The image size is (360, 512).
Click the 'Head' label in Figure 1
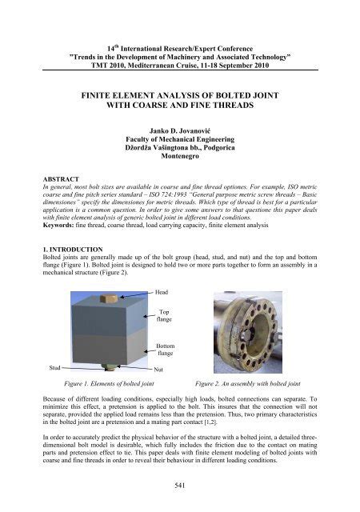tap(162, 294)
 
